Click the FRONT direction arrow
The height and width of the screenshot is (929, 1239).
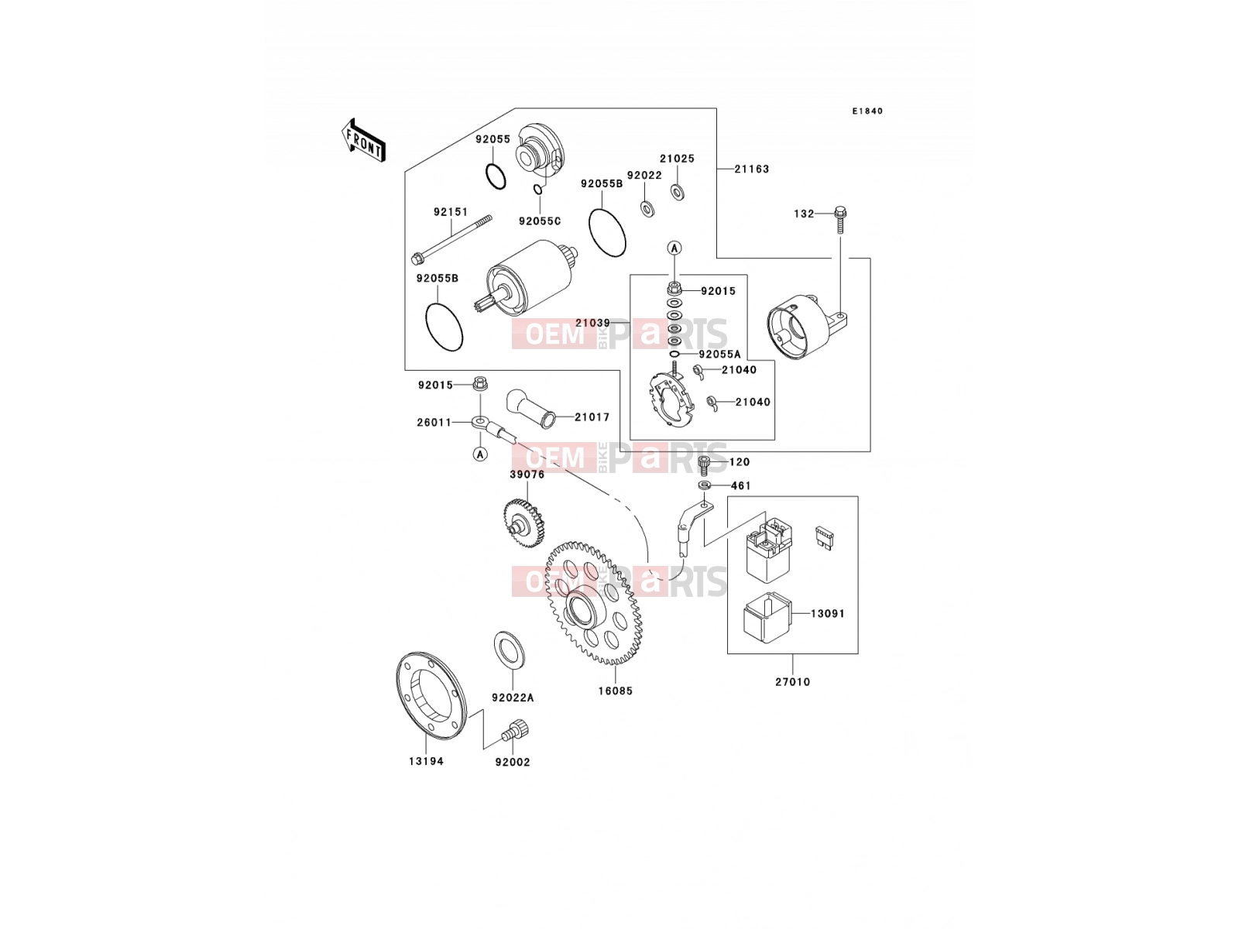click(x=363, y=140)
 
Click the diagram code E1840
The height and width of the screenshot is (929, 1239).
click(x=867, y=111)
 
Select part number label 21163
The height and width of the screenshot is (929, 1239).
click(x=751, y=169)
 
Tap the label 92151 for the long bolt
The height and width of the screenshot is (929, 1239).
click(x=451, y=212)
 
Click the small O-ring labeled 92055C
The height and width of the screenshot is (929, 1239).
click(x=539, y=190)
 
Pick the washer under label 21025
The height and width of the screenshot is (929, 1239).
click(x=678, y=192)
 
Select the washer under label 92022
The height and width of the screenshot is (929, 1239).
click(x=647, y=209)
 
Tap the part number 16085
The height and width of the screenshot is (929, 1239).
click(x=616, y=691)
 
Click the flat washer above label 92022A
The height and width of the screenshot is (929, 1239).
click(x=510, y=648)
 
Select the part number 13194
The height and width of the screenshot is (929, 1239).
click(x=426, y=762)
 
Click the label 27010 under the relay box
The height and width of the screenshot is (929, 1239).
click(x=792, y=682)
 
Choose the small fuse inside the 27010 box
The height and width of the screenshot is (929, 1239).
click(x=824, y=538)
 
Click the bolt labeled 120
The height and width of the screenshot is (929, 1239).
click(x=704, y=464)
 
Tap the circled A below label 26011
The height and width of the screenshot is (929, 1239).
click(x=480, y=454)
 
